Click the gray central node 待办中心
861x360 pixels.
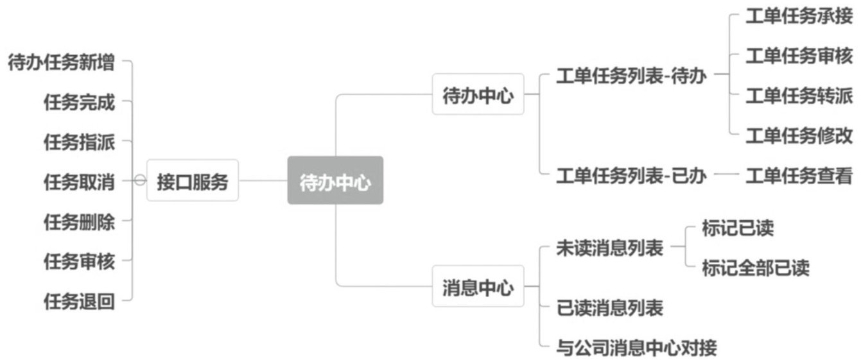click(x=335, y=181)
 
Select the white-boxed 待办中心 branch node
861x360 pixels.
click(x=478, y=95)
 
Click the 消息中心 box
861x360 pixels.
click(x=478, y=286)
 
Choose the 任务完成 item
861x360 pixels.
click(x=79, y=102)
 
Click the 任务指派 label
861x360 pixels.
click(x=79, y=142)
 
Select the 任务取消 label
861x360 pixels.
click(x=79, y=181)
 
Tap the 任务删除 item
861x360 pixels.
click(x=79, y=221)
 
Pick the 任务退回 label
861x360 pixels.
click(x=79, y=300)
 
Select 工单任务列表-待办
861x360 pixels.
click(x=631, y=76)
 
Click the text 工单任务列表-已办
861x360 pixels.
click(x=631, y=175)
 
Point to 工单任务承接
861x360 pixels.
click(x=799, y=17)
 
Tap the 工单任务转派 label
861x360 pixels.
click(x=799, y=96)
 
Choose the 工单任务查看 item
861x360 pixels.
click(x=799, y=175)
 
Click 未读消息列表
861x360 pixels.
click(x=609, y=248)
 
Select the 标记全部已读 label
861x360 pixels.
click(x=756, y=267)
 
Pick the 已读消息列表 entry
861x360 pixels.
click(x=609, y=307)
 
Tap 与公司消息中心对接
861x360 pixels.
click(x=636, y=348)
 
